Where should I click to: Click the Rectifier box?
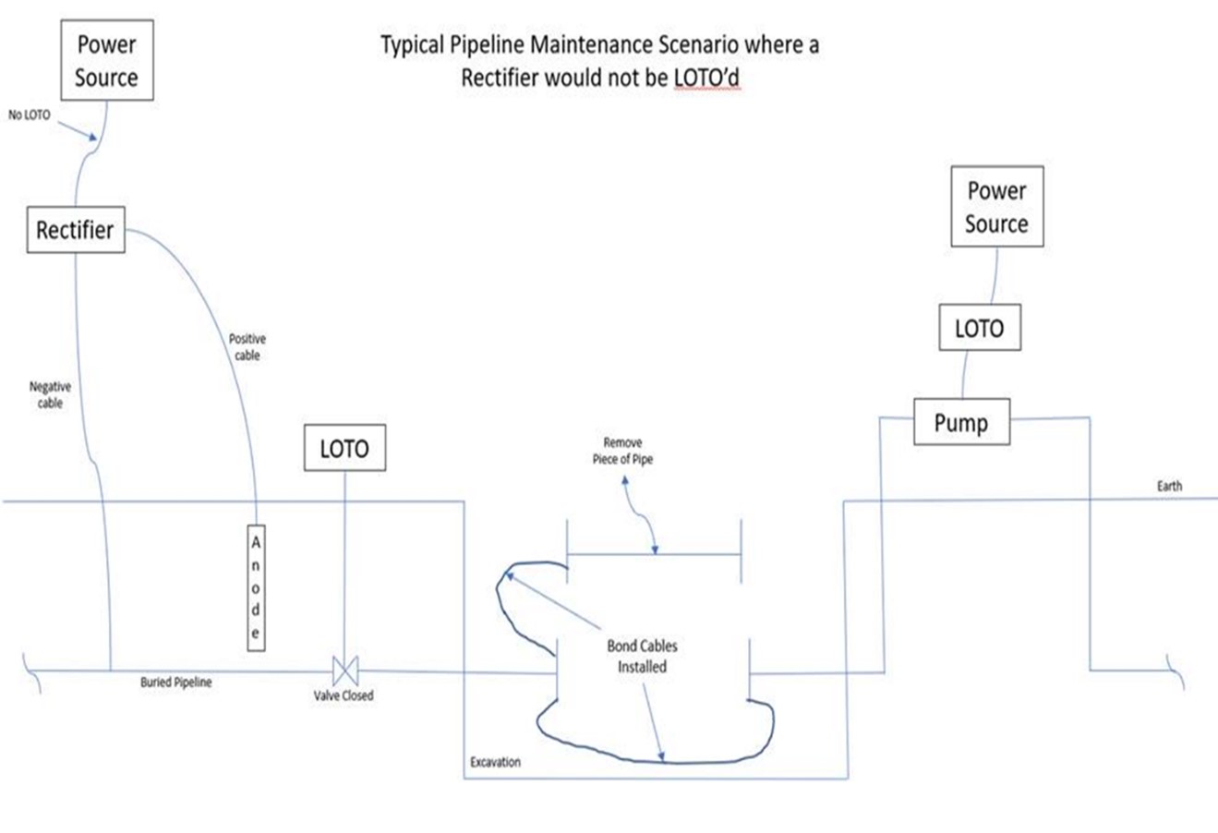point(75,230)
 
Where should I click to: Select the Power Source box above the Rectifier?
point(106,61)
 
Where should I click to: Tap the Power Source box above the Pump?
point(996,207)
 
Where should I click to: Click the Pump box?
point(960,423)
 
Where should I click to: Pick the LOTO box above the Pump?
point(979,328)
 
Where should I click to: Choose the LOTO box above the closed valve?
point(344,449)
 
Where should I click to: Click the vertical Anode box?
point(256,588)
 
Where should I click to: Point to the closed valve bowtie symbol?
point(345,670)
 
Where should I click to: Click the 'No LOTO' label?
point(30,115)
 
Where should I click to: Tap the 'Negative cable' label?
point(50,395)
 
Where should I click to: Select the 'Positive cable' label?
point(247,347)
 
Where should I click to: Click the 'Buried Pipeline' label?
point(175,682)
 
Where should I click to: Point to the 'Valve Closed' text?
point(344,695)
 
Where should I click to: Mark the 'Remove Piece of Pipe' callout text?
point(622,451)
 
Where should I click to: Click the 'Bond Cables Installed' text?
point(642,656)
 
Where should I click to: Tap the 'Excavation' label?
point(495,762)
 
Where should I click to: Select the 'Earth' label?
point(1169,486)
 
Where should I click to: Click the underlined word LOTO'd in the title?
point(706,78)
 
